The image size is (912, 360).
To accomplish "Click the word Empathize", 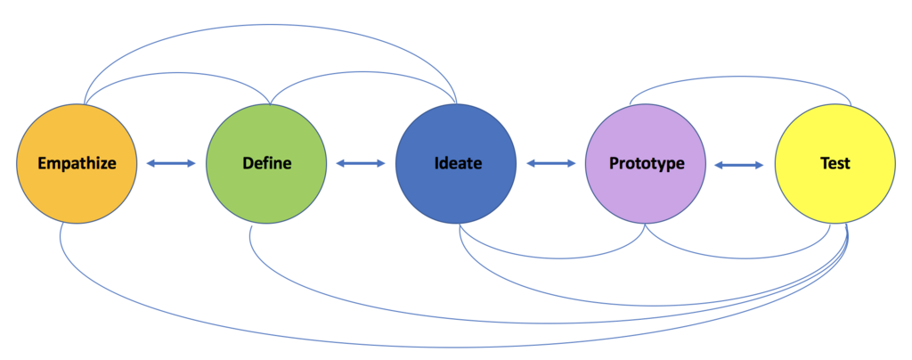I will click(76, 164).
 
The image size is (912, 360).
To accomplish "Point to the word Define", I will click(266, 164).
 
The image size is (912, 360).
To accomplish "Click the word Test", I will click(835, 164).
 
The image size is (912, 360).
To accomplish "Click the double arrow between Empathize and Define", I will click(171, 163).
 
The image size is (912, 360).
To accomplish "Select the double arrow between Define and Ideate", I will click(361, 163).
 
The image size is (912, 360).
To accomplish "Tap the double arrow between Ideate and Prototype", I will click(550, 163).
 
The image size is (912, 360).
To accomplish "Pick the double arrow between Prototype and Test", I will click(739, 164).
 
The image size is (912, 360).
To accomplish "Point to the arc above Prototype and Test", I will click(739, 74).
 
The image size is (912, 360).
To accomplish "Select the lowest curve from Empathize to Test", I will click(445, 346).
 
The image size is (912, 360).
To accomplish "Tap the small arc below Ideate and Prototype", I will click(552, 258).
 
